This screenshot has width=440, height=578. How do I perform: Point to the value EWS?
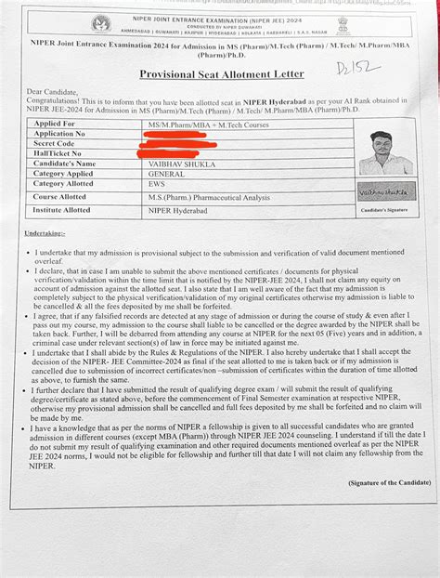(149, 185)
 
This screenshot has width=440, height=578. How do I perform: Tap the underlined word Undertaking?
(45, 234)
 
